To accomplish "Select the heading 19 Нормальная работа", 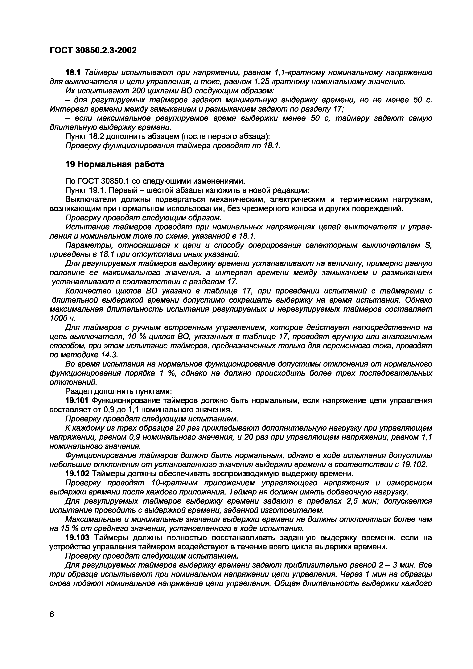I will pyautogui.click(x=115, y=164).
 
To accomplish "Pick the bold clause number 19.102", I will pyautogui.click(x=77, y=474).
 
